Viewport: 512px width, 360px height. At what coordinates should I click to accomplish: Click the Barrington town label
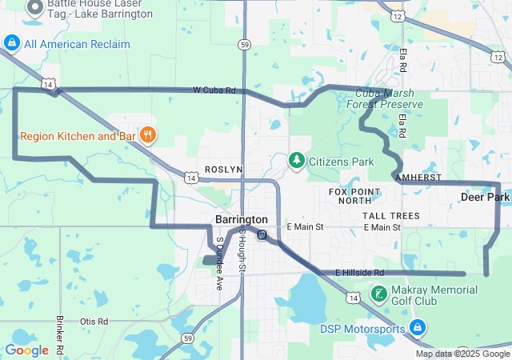[242, 219]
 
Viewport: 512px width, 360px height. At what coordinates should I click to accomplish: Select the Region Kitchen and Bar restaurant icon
[147, 136]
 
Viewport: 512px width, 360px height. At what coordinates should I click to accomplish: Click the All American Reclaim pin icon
[11, 43]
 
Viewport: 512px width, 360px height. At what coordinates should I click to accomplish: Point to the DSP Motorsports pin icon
[416, 327]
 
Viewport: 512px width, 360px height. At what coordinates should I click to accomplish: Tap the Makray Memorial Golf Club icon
[378, 294]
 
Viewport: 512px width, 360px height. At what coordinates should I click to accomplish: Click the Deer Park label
[485, 197]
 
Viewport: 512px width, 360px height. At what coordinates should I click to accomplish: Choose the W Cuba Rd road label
[214, 90]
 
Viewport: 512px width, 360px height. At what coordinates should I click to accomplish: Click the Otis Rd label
[94, 321]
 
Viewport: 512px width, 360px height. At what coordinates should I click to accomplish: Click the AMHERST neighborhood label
[418, 177]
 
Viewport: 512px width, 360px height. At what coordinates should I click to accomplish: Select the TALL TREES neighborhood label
[390, 216]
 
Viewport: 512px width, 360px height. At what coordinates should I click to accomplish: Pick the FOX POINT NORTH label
[355, 196]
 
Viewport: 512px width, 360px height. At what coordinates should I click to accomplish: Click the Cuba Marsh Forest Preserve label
[389, 99]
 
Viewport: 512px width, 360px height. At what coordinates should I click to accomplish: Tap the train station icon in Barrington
[262, 234]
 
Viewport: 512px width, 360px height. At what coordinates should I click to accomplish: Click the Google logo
[26, 350]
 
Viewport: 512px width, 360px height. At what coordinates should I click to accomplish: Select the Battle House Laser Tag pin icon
[34, 7]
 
